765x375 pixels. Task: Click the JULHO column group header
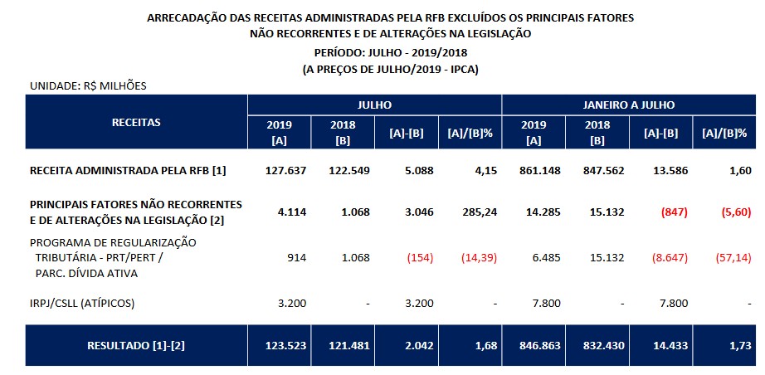[x=374, y=105]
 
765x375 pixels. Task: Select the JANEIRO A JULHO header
[x=629, y=105]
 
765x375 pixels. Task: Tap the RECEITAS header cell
[x=136, y=122]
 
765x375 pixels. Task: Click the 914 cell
[x=295, y=258]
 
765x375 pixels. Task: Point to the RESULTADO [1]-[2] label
[x=136, y=345]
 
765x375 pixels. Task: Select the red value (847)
[x=675, y=212]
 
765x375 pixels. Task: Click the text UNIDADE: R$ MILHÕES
[x=88, y=85]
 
